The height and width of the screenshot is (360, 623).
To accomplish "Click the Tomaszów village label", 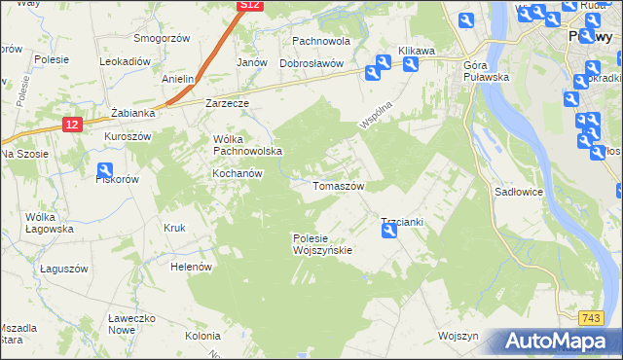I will pyautogui.click(x=338, y=186).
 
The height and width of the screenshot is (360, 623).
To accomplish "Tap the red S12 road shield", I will pyautogui.click(x=250, y=6).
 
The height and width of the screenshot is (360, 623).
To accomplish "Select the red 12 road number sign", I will pyautogui.click(x=72, y=125).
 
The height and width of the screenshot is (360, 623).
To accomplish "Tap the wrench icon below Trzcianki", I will pyautogui.click(x=389, y=231).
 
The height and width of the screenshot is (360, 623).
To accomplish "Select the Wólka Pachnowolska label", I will pyautogui.click(x=247, y=145).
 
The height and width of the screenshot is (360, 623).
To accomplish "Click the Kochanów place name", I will pyautogui.click(x=238, y=173).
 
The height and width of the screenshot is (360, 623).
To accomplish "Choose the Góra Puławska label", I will pyautogui.click(x=487, y=71).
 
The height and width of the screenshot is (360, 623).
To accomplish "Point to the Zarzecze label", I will pyautogui.click(x=228, y=102).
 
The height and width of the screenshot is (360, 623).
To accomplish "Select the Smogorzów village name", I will pyautogui.click(x=161, y=39).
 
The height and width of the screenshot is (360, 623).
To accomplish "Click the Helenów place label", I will pyautogui.click(x=191, y=267).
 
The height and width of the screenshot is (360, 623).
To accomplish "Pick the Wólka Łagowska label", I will pyautogui.click(x=50, y=223).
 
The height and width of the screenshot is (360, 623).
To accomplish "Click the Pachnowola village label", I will pyautogui.click(x=321, y=42).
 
